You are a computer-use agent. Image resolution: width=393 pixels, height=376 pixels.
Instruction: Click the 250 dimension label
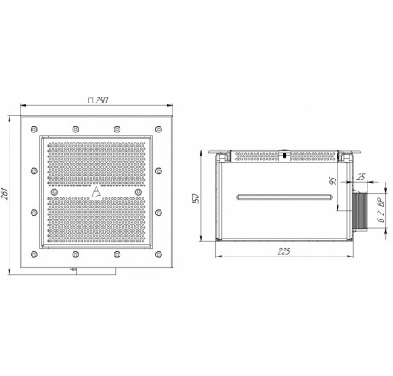(x=102, y=101)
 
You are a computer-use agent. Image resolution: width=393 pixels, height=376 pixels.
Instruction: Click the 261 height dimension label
(x=5, y=194)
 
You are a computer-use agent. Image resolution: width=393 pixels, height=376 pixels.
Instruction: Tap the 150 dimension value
(x=196, y=198)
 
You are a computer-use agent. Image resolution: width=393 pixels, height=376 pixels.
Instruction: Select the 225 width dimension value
(x=284, y=251)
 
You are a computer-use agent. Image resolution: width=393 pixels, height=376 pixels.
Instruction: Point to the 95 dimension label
(x=332, y=180)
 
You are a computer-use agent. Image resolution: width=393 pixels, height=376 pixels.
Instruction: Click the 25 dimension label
(x=361, y=177)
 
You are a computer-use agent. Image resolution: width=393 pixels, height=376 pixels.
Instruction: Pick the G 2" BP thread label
(x=381, y=210)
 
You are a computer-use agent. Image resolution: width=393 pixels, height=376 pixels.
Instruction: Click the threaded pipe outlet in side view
(x=360, y=211)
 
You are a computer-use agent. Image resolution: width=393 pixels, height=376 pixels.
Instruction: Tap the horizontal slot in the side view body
(x=284, y=197)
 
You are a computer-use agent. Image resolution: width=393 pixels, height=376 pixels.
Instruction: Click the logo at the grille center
(x=97, y=191)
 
